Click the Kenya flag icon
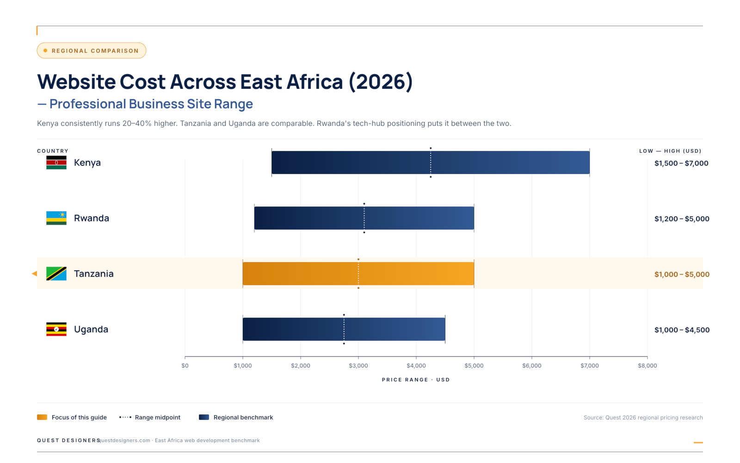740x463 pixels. click(56, 163)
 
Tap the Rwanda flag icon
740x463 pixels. click(56, 218)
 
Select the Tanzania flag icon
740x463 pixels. click(56, 274)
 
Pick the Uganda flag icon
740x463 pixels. click(56, 329)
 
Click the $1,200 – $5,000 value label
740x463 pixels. click(681, 219)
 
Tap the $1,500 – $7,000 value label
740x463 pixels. click(681, 163)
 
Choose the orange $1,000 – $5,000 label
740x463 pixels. click(681, 274)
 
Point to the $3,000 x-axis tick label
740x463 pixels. click(358, 366)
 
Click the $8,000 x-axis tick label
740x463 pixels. click(647, 366)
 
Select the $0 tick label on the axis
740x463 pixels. click(185, 366)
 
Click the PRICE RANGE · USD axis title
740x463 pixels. click(415, 380)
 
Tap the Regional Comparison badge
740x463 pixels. click(92, 50)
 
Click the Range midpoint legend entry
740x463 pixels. click(150, 417)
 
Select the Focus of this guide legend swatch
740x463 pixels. click(42, 417)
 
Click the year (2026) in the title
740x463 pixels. click(381, 82)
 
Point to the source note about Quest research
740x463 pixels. click(643, 418)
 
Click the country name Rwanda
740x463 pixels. click(92, 218)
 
